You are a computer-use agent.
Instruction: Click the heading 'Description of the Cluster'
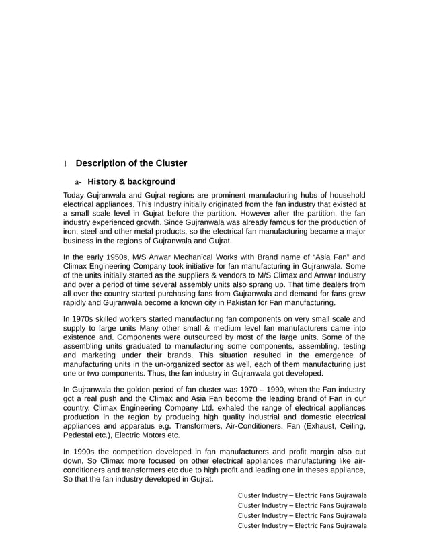pos(131,163)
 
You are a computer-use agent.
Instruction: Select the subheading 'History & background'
pos(131,181)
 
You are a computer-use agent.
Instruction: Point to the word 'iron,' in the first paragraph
pos(71,231)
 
